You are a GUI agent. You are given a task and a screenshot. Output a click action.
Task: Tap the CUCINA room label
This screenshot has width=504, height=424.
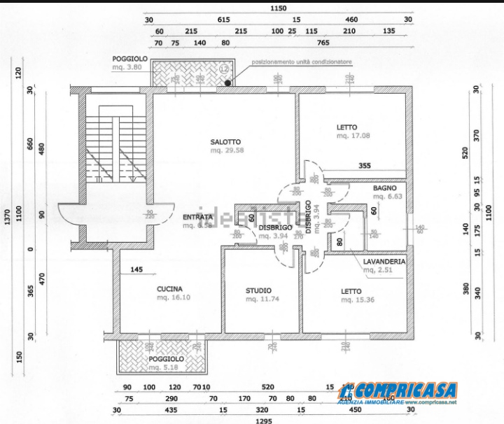click(x=169, y=289)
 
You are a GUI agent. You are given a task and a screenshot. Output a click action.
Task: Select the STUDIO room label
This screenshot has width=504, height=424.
click(x=258, y=290)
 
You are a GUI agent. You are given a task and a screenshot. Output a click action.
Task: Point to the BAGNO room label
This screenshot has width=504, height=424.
click(x=384, y=188)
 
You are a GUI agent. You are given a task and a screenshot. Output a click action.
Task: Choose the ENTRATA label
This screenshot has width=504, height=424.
click(x=197, y=217)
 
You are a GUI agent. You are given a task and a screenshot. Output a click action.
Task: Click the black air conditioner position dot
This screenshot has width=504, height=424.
click(x=228, y=83)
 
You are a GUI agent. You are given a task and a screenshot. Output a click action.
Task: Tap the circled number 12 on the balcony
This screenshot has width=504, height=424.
click(x=224, y=69)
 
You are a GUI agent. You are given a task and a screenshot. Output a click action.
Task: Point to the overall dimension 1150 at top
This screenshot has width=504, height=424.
click(x=279, y=8)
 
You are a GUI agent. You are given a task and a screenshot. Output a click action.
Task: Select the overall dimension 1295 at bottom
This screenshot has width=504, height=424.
click(x=263, y=420)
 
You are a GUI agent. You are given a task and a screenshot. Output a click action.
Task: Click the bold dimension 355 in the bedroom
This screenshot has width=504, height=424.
click(x=365, y=166)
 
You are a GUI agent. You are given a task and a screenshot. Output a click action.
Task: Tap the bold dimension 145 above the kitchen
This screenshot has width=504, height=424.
click(x=136, y=269)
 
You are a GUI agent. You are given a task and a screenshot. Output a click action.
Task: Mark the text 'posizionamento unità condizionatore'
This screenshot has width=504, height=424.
click(x=302, y=62)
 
